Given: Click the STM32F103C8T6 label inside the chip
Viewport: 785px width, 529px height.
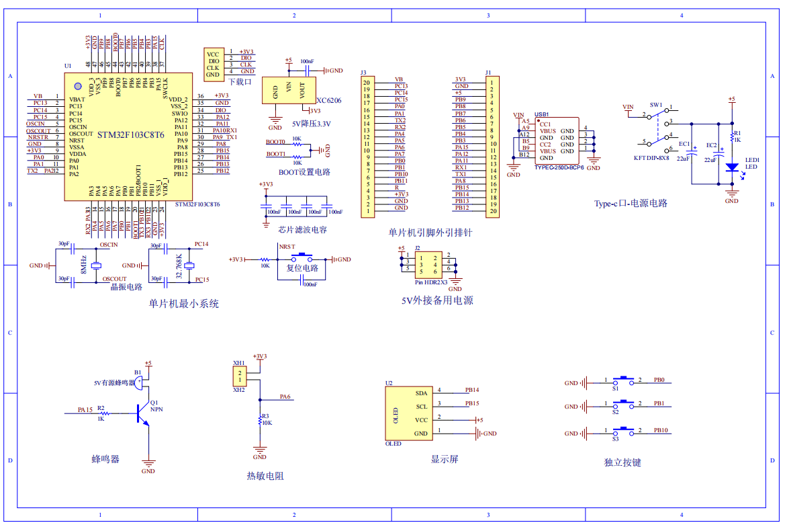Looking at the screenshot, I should pos(130,135).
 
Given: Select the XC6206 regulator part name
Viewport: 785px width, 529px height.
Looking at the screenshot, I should pos(329,100).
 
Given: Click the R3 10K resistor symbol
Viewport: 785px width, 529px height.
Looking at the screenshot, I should pos(260,422).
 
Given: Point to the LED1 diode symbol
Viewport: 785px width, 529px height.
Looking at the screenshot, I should pos(732,167).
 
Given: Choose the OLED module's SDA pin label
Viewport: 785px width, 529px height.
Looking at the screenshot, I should pos(421,393).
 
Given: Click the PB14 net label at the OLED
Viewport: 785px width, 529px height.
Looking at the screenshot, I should pos(472,390).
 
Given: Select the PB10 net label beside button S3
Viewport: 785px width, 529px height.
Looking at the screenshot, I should pos(661,430).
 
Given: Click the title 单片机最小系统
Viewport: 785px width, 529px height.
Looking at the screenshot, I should pos(184,304).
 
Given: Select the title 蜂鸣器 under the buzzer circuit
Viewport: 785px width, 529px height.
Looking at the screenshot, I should pos(105,459).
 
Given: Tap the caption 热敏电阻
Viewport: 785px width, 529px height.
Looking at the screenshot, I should pos(265,476).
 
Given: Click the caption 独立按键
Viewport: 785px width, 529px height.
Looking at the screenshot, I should pos(622,462).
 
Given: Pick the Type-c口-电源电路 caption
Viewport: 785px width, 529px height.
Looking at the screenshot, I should pos(631,204).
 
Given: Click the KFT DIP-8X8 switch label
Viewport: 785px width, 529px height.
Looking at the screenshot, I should pos(651,158).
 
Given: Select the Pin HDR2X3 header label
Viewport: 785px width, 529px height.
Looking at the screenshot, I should pos(431,282).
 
